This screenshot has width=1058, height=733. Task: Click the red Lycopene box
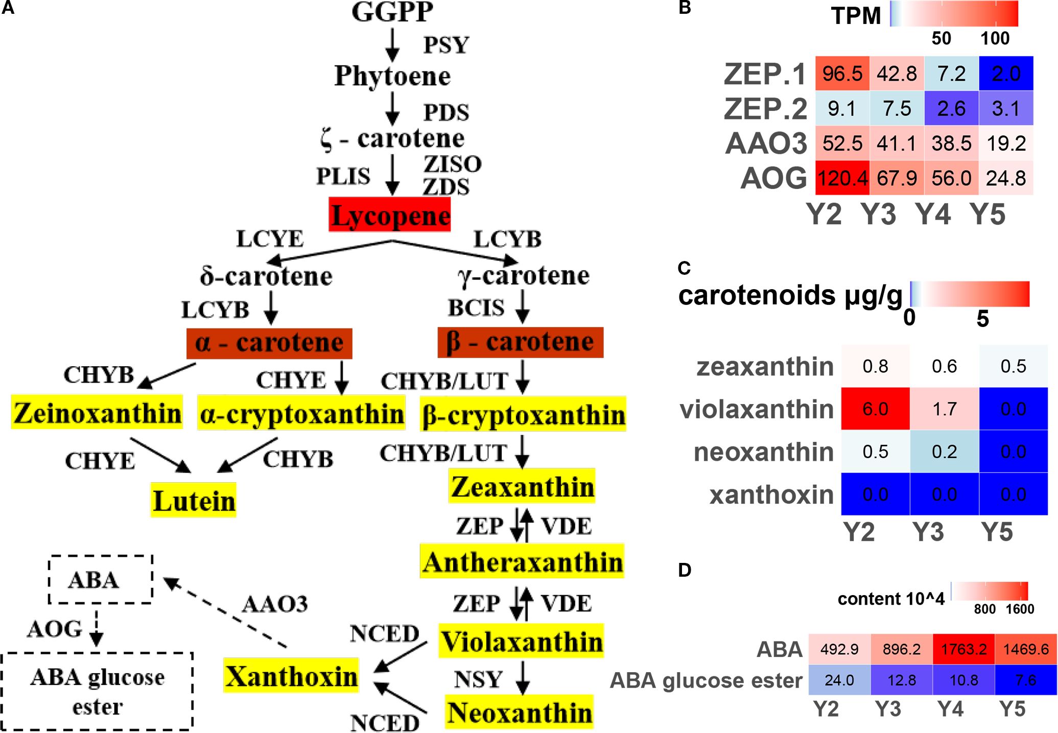pos(389,215)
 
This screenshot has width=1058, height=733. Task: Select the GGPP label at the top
pos(392,12)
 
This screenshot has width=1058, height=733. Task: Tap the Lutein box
pos(194,500)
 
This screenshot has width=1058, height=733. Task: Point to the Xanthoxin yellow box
pos(291,676)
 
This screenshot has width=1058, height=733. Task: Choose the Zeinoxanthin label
pos(97,412)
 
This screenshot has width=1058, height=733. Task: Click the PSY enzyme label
pos(446,45)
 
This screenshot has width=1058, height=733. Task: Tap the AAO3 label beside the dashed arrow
pos(275,604)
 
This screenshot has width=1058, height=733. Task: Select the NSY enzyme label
pos(478,679)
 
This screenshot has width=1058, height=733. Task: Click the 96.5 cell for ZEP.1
pos(842,74)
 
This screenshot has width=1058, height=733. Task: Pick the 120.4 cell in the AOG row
pos(842,178)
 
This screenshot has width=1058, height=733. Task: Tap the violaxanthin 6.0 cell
pos(875,409)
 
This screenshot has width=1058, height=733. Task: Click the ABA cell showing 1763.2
pos(963,649)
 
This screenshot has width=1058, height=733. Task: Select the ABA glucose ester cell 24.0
pos(839,680)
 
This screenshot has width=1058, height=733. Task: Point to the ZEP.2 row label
pos(765,109)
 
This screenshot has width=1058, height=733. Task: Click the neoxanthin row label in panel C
pos(763,452)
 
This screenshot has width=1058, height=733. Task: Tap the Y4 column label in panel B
pos(933,214)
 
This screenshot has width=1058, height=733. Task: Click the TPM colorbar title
pos(856,16)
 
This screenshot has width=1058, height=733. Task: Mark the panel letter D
pos(685,570)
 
